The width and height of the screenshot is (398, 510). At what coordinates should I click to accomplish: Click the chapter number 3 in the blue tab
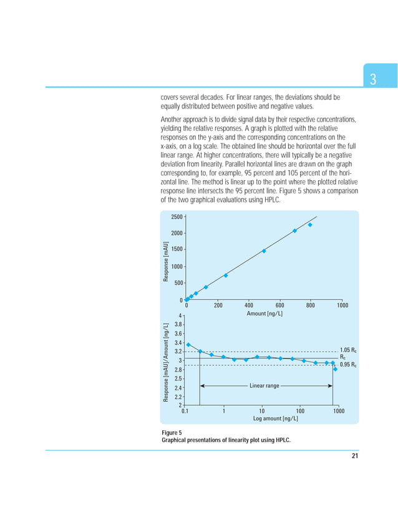click(372, 80)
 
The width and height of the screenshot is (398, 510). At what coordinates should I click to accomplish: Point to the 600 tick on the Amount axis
click(279, 306)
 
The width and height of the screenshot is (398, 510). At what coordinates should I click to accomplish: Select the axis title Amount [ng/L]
click(265, 313)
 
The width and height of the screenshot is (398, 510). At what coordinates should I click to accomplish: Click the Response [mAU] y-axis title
click(166, 261)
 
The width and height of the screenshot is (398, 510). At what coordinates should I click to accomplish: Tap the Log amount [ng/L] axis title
click(275, 418)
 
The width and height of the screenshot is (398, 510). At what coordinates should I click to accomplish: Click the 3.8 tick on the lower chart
click(178, 324)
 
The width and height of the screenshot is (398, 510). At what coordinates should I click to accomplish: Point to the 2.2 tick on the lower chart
click(178, 397)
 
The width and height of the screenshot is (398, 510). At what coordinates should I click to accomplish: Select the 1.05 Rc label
click(348, 350)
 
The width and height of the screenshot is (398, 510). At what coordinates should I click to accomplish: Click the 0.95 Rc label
click(348, 365)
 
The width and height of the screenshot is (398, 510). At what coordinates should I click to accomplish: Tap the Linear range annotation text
click(265, 386)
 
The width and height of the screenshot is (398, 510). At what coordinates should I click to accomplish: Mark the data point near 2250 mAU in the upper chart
click(310, 225)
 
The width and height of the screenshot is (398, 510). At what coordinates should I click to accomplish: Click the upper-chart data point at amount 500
click(264, 251)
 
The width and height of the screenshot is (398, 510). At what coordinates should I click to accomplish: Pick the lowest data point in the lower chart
click(336, 369)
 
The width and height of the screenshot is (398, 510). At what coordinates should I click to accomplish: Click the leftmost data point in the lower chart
click(188, 345)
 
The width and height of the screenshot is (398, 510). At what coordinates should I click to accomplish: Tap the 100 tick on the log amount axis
click(300, 411)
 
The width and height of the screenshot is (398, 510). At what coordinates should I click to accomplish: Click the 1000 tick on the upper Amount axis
click(341, 306)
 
